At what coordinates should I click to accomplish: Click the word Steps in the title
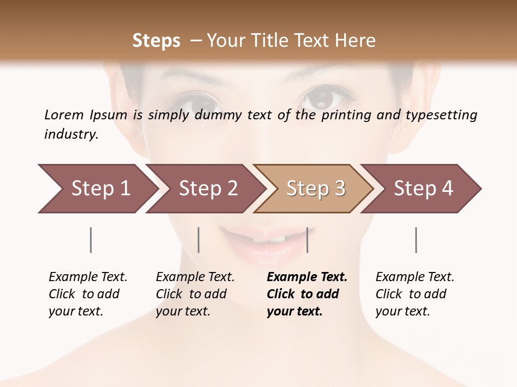156,41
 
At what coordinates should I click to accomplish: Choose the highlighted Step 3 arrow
316,189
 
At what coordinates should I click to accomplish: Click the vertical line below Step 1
91,240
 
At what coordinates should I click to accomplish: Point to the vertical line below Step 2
199,240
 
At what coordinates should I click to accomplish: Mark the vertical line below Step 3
308,240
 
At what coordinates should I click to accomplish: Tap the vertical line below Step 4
416,240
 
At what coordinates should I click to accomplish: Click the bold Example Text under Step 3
307,294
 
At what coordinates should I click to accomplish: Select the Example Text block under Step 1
88,294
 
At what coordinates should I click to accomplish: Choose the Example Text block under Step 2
195,294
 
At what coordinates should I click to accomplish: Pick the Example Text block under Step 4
415,294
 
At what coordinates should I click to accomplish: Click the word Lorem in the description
64,114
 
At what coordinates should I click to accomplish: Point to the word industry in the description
71,134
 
